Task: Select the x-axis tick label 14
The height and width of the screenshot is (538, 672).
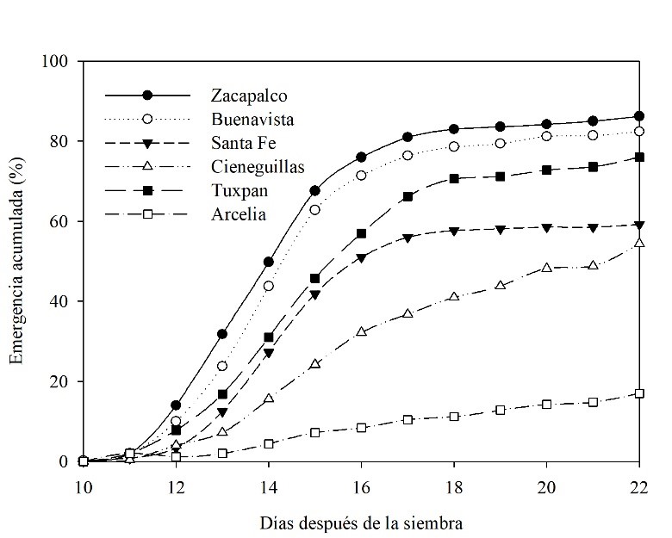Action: (269, 485)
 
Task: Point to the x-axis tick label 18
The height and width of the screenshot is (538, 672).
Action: (454, 485)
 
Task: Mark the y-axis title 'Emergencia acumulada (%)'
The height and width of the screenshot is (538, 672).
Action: (17, 261)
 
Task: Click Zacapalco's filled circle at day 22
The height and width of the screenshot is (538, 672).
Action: (639, 116)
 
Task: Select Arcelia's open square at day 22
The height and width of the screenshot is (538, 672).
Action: (639, 393)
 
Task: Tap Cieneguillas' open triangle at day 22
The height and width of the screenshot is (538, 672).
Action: (639, 243)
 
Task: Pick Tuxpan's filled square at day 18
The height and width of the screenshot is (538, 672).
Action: (454, 179)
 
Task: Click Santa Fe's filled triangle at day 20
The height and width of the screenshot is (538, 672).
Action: (546, 227)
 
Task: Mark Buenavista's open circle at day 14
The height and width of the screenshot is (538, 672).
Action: (269, 286)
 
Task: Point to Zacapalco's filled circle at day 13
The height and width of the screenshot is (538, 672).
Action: (222, 334)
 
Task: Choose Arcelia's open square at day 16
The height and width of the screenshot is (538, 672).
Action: (361, 428)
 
